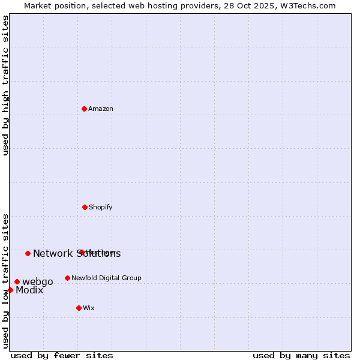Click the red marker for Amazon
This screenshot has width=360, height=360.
[85, 109]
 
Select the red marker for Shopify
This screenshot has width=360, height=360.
[85, 207]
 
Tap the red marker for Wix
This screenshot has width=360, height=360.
[79, 308]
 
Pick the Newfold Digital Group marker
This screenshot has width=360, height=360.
[67, 278]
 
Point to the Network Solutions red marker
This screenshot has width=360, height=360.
[28, 253]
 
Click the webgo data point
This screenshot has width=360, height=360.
[17, 281]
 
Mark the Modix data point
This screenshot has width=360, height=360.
[10, 290]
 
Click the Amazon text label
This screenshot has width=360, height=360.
[101, 109]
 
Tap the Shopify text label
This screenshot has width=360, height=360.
[101, 207]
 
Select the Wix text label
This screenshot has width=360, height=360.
[89, 308]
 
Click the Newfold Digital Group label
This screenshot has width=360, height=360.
[107, 278]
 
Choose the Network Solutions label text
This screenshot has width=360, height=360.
[77, 253]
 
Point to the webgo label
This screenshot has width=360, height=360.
[38, 281]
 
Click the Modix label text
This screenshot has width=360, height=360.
[29, 290]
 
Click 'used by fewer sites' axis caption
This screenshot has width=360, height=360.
[62, 355]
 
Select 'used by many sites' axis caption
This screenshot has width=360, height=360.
[301, 355]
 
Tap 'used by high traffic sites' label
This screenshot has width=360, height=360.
[6, 85]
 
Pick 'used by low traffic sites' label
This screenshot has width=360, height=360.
[6, 281]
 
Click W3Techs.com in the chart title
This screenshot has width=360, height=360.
[305, 5]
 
